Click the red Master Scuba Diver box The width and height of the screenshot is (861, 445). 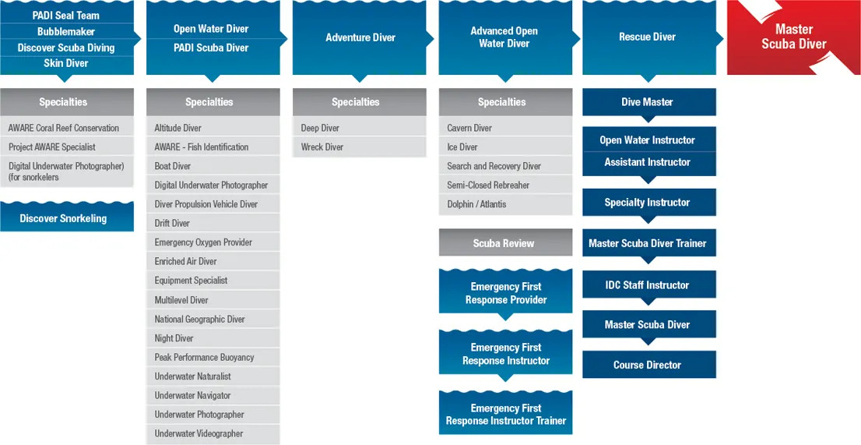point(793,37)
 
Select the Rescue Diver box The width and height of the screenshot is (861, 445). point(648,37)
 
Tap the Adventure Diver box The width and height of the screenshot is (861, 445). point(360,37)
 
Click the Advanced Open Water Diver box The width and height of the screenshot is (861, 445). point(504,37)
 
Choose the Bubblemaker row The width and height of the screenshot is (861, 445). point(66,32)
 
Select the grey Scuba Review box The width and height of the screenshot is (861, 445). point(504,243)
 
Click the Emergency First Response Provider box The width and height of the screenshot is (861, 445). point(506,293)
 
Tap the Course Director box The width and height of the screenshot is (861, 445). point(648,365)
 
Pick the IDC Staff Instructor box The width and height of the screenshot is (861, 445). point(648,285)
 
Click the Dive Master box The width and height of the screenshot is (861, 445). point(648,102)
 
